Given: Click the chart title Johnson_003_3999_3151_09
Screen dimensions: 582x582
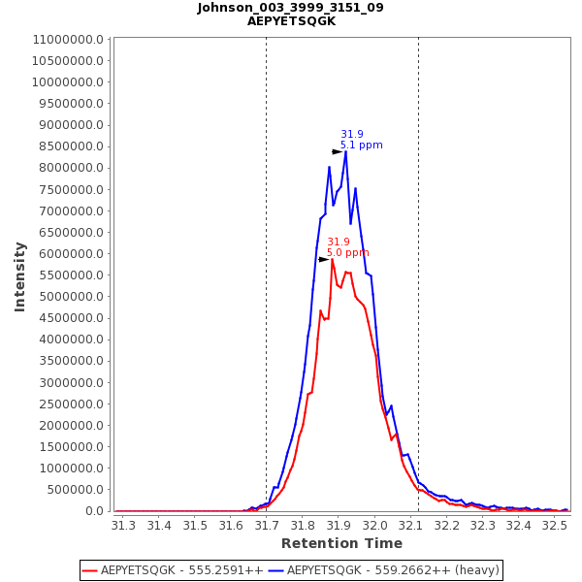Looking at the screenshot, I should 291,8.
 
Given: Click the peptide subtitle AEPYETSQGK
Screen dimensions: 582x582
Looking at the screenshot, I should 291,21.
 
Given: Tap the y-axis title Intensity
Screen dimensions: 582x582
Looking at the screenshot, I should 19,276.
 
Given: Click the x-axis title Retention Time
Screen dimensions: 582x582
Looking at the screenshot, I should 341,544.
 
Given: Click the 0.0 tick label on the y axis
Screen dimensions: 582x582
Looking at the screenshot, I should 94,511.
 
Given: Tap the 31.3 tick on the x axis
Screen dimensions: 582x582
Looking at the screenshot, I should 123,526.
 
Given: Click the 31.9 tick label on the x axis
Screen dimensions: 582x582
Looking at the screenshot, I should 339,526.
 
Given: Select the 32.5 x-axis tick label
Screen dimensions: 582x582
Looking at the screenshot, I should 555,526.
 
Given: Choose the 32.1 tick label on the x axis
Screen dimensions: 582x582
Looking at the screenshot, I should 410,526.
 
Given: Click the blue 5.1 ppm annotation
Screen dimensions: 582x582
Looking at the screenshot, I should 361,145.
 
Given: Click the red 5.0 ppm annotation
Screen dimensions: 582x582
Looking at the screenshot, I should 347,253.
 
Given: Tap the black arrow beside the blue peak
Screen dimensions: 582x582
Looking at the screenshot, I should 337,152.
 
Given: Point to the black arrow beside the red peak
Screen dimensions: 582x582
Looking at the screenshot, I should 323,260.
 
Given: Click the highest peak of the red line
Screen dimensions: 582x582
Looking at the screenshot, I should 332,259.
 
